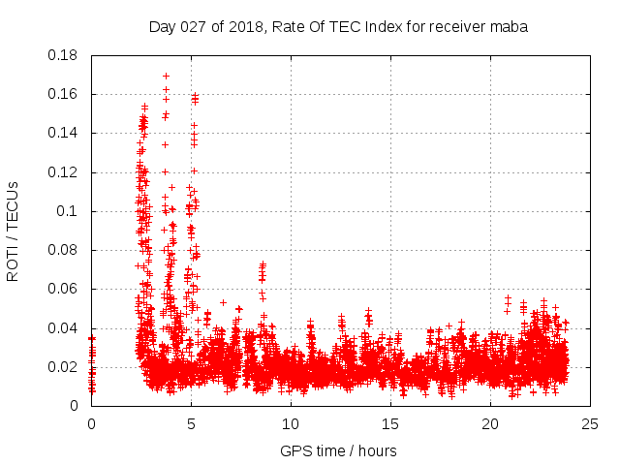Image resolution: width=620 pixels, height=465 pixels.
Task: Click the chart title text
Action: (338, 27)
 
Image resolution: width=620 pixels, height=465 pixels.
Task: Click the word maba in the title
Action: (510, 27)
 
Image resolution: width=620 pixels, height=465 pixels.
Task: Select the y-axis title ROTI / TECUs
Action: (13, 231)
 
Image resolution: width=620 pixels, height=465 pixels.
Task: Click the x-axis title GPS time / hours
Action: (338, 450)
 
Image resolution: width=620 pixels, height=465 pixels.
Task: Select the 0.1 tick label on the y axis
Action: (71, 211)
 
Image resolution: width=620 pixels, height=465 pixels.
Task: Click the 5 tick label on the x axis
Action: (191, 423)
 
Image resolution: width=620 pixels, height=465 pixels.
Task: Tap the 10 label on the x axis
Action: (291, 423)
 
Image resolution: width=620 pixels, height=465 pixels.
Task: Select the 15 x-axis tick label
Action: (390, 423)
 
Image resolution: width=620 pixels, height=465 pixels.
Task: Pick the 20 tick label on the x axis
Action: (490, 423)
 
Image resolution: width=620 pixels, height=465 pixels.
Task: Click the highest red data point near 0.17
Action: (166, 76)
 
